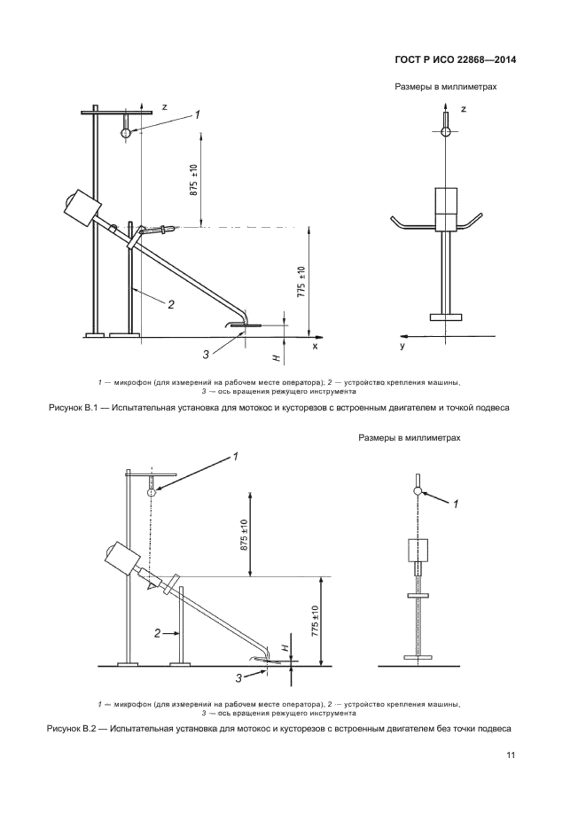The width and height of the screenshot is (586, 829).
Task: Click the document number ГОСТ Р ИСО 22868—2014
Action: (455, 60)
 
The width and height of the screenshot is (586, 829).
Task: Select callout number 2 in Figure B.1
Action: (171, 304)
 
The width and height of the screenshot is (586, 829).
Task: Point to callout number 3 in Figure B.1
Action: (205, 355)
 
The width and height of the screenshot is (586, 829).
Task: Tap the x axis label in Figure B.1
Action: (315, 347)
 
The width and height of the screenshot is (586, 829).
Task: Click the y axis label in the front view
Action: (402, 347)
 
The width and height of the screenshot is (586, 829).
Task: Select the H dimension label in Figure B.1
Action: (276, 355)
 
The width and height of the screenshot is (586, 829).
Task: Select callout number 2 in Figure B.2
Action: (157, 633)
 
